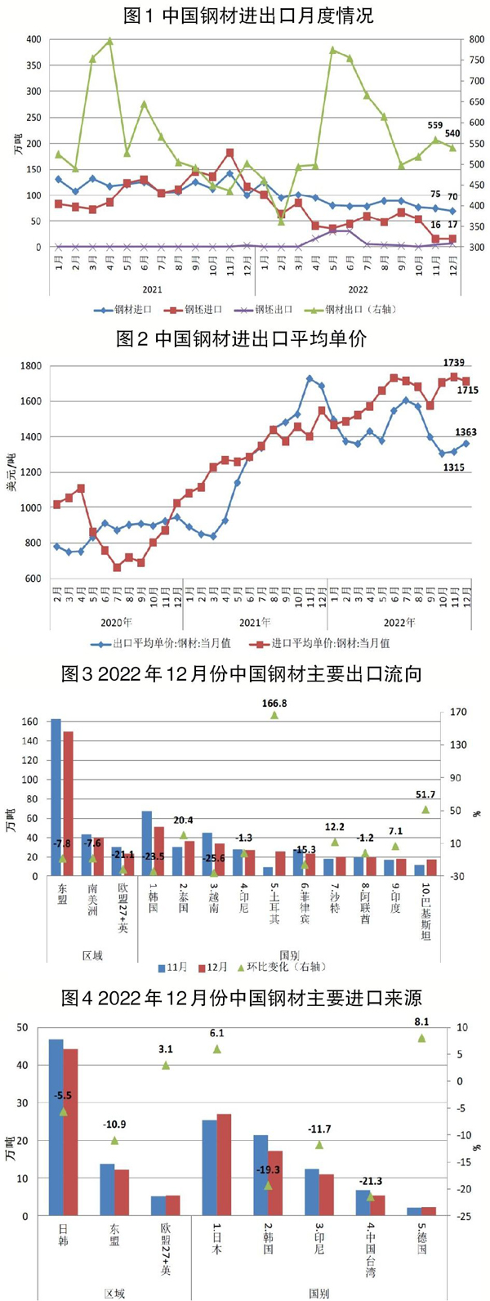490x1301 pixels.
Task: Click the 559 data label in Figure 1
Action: (x=435, y=125)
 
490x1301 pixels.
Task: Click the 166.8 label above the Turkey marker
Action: (x=274, y=703)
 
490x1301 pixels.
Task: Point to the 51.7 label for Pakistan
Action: (x=425, y=794)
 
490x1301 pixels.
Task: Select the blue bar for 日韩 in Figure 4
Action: (x=56, y=1127)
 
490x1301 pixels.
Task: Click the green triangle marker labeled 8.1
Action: (x=422, y=1038)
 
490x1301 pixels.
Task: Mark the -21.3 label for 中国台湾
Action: (x=370, y=1182)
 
